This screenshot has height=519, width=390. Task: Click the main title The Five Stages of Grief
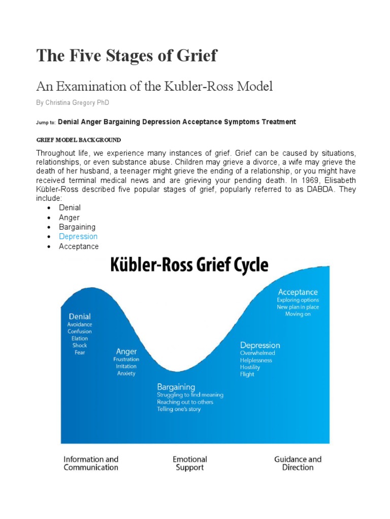click(x=126, y=56)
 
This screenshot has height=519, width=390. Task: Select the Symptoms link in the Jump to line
click(x=242, y=122)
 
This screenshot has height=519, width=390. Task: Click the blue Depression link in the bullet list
click(x=78, y=237)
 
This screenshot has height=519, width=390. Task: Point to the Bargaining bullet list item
click(x=77, y=227)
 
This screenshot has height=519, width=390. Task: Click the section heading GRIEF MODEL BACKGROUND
click(x=79, y=140)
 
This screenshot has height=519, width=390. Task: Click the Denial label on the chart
click(x=80, y=317)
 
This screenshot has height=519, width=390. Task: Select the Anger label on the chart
click(x=126, y=351)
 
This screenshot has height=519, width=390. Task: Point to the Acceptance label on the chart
click(x=298, y=292)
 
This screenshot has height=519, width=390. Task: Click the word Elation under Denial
click(x=80, y=339)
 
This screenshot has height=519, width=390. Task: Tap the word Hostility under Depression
click(x=250, y=367)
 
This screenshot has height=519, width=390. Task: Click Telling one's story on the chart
click(x=179, y=410)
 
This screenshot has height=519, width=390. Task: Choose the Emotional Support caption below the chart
click(x=190, y=463)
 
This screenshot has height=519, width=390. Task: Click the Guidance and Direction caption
click(x=298, y=463)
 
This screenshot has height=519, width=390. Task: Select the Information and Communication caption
click(x=91, y=463)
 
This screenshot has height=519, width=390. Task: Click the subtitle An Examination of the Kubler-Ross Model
click(x=154, y=86)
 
